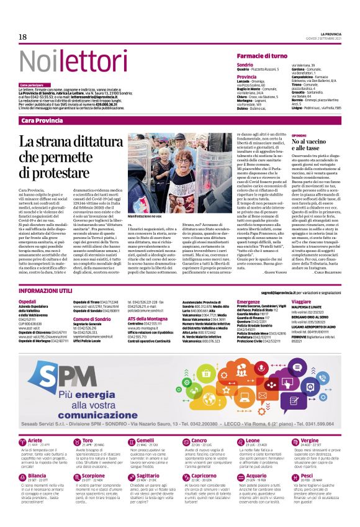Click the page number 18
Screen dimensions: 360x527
(22, 37)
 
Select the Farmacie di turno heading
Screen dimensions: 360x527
(262, 56)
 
